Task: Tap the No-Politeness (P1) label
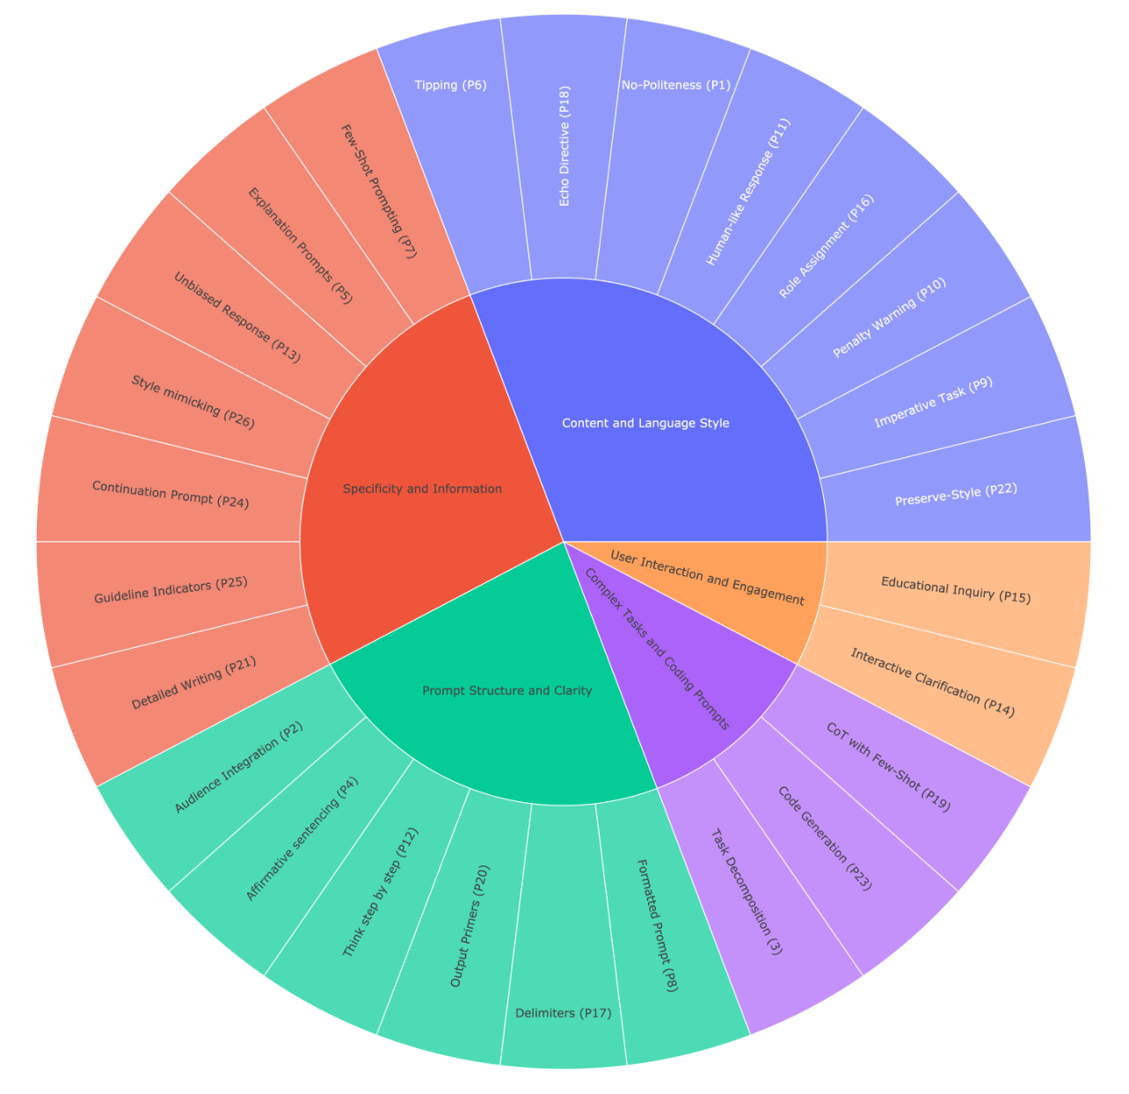675,85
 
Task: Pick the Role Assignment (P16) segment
827,247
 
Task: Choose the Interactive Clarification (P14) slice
932,682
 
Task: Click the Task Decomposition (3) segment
746,892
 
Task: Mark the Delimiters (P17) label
564,1013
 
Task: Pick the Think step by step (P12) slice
380,892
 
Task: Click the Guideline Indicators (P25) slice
171,590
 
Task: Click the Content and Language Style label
645,423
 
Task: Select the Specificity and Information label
422,489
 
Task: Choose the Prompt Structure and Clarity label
507,691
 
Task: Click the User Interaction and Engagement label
707,579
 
